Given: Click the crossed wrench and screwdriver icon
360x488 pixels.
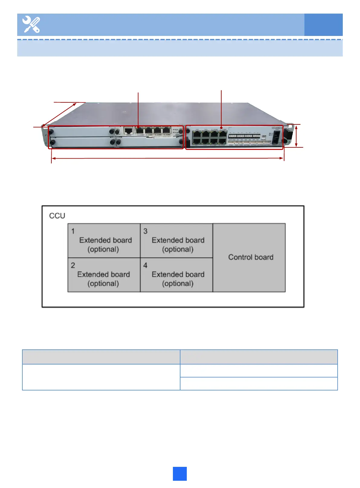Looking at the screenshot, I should (x=31, y=24).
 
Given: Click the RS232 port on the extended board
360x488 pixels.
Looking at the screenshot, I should (x=129, y=131).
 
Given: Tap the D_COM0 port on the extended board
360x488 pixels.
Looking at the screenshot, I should (x=140, y=131).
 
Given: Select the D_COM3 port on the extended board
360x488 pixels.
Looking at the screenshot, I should (x=167, y=131).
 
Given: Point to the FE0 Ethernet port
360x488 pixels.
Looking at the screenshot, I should (x=197, y=134).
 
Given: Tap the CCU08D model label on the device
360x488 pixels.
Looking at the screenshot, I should (x=277, y=128).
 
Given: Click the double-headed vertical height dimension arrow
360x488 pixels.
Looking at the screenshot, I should (x=296, y=136).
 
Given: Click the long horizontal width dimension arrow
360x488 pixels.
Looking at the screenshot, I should (x=168, y=158).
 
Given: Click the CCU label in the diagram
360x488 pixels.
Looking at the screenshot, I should (x=57, y=216).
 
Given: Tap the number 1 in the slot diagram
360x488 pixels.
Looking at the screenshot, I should (x=73, y=231).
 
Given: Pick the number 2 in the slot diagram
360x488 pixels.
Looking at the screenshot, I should (x=73, y=265).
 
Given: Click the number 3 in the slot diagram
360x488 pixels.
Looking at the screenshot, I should (x=145, y=231).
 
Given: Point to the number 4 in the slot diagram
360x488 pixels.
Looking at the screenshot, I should (x=145, y=265).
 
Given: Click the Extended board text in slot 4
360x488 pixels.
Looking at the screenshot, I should (x=178, y=274).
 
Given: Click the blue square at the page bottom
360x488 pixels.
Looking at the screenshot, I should (x=180, y=474).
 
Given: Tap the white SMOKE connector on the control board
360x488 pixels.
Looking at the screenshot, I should (x=263, y=137).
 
